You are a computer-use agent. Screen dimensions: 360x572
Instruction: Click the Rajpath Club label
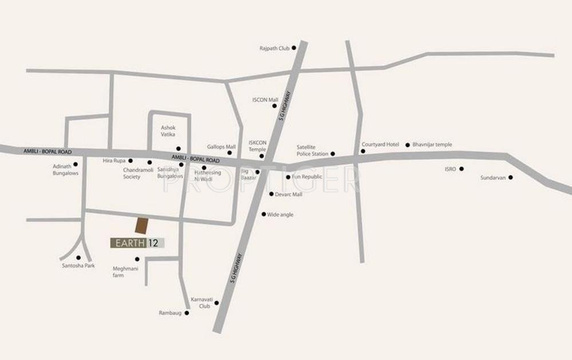(275, 49)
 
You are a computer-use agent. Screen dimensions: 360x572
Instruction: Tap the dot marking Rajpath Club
(294, 48)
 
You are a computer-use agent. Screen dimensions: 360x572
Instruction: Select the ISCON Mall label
(265, 100)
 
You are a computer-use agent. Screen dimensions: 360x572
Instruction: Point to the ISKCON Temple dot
(262, 156)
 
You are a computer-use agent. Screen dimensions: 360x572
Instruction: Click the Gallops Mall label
(222, 147)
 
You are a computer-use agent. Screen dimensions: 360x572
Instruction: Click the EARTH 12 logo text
(137, 243)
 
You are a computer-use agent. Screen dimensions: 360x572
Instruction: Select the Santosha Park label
(79, 266)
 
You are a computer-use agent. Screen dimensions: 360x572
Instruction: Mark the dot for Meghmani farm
(137, 259)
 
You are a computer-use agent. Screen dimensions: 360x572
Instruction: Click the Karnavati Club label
(201, 302)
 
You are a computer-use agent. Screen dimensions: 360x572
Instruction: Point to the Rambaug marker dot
(187, 313)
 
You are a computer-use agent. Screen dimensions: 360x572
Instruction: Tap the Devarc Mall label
(289, 195)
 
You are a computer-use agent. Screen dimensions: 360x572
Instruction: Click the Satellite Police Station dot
(333, 153)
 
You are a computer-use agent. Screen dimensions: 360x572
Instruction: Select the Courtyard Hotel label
(380, 145)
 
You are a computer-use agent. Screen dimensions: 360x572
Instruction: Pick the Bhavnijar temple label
(432, 145)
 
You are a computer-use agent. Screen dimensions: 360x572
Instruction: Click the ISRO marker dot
(461, 169)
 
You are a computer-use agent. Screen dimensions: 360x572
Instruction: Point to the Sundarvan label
(493, 178)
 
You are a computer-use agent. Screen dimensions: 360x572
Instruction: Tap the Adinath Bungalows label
(65, 169)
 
